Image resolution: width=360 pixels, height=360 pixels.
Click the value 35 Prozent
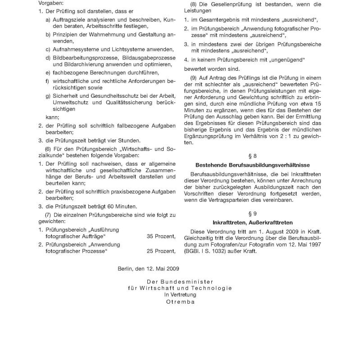pyautogui.click(x=161, y=236)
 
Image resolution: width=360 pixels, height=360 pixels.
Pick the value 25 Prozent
pyautogui.click(x=161, y=251)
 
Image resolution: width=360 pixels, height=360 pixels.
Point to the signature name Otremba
pyautogui.click(x=180, y=302)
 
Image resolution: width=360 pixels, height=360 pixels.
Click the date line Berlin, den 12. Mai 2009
pyautogui.click(x=148, y=269)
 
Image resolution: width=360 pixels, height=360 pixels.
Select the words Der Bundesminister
pyautogui.click(x=180, y=282)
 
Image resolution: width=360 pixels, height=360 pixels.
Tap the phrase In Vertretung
pyautogui.click(x=180, y=295)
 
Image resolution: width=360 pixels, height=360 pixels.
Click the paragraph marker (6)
pyautogui.click(x=49, y=149)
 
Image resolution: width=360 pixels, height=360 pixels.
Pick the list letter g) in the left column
pyautogui.click(x=48, y=96)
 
